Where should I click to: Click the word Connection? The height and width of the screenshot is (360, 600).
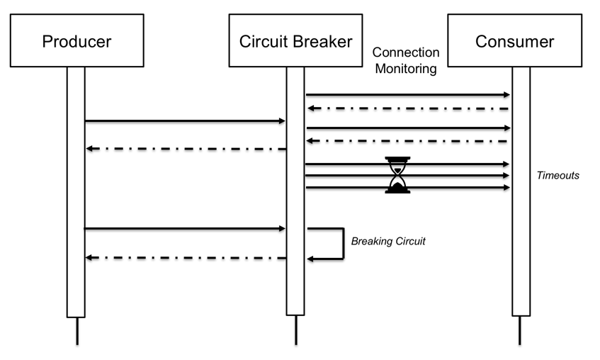click(406, 53)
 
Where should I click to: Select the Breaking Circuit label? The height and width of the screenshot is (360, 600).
click(388, 242)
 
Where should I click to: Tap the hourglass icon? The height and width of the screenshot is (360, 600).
click(397, 175)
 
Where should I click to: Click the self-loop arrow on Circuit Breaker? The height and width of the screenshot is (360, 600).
click(342, 244)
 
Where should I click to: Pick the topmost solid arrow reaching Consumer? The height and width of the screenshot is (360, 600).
click(407, 94)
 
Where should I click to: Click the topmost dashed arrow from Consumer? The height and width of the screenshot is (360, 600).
click(407, 108)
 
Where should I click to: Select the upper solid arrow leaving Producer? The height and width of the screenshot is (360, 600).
click(184, 121)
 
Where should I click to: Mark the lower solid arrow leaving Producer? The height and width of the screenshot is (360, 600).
click(184, 229)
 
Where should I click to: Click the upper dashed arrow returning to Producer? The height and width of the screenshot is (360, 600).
click(184, 149)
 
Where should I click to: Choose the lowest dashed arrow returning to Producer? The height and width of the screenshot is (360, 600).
click(184, 258)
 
